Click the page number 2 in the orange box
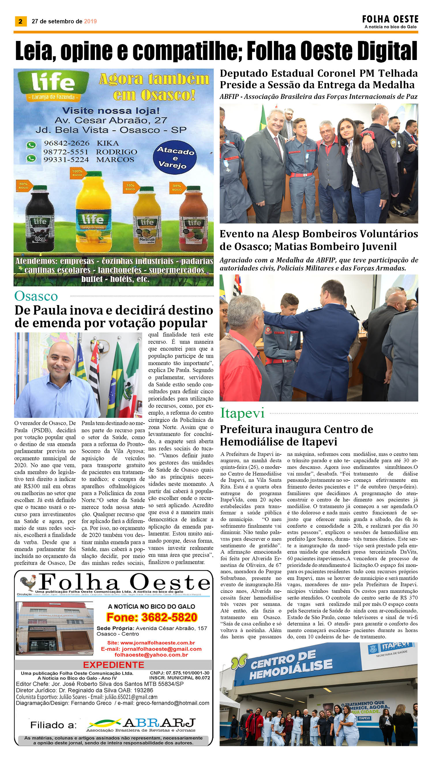pyautogui.click(x=20, y=21)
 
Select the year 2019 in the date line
pyautogui.click(x=90, y=21)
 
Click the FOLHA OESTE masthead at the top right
pyautogui.click(x=390, y=19)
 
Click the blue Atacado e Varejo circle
pyautogui.click(x=175, y=157)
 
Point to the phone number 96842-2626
pyautogui.click(x=66, y=143)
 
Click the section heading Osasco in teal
pyautogui.click(x=36, y=296)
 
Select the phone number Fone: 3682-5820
pyautogui.click(x=152, y=617)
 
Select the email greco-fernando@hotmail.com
pyautogui.click(x=172, y=703)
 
